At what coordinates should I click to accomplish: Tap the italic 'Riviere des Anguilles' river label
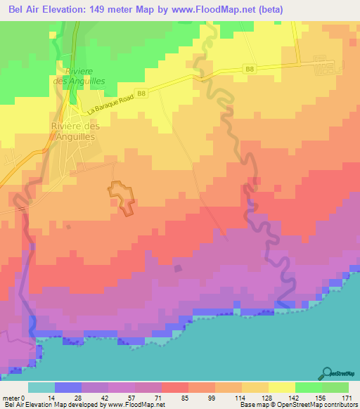[x=83, y=77]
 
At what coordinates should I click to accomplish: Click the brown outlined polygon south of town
[x=122, y=196]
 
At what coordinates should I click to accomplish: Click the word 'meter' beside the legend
[x=12, y=397]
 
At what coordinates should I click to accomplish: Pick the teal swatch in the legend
[x=41, y=387]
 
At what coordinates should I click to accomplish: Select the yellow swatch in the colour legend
[x=281, y=387]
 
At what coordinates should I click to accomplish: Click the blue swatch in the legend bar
[x=68, y=387]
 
